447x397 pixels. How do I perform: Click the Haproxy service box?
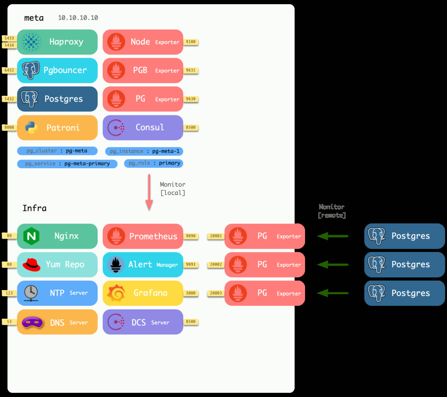pos(57,42)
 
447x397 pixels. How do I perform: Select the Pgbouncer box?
pos(57,70)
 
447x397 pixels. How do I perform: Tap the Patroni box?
pos(57,128)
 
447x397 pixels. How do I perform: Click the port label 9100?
pos(191,42)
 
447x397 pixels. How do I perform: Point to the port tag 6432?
pos(9,70)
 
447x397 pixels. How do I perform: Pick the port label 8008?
pos(9,128)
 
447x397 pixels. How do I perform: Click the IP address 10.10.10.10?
pos(78,18)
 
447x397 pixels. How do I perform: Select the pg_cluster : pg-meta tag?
pos(58,151)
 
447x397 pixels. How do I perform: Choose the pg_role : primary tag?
pos(154,163)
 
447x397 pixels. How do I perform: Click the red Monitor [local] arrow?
pos(149,192)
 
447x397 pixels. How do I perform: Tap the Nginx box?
pos(57,236)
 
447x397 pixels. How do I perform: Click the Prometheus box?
pos(143,236)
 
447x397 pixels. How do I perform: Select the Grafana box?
pos(143,293)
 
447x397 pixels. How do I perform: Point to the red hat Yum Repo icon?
pos(31,265)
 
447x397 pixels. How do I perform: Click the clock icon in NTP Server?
pos(31,293)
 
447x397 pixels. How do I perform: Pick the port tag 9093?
pos(191,265)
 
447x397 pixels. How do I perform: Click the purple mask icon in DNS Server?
pos(31,322)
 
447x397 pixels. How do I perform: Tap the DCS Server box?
pos(143,322)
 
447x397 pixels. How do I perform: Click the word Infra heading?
pos(34,208)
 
